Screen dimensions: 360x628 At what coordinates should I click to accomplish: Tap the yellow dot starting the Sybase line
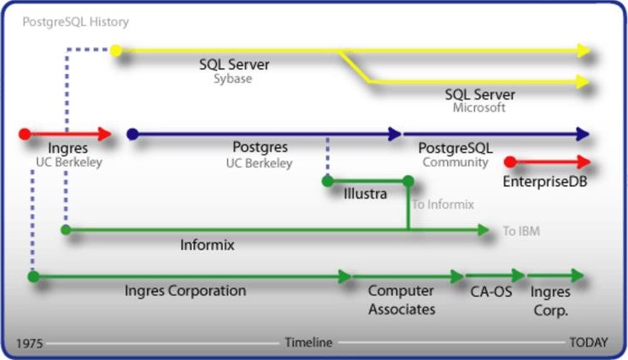(116, 51)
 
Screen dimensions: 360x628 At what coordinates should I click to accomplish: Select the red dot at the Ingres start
(25, 134)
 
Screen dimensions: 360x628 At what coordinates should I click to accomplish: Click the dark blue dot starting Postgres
(132, 134)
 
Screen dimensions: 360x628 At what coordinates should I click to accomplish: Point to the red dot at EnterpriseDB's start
(510, 162)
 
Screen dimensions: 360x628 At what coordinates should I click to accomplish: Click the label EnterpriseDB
(544, 181)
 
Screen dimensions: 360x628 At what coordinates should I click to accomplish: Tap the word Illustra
(366, 194)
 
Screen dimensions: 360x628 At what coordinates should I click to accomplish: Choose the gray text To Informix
(443, 204)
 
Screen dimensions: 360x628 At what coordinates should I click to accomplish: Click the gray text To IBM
(521, 230)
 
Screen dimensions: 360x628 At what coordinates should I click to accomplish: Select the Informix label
(207, 246)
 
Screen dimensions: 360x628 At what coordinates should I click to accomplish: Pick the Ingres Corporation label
(185, 291)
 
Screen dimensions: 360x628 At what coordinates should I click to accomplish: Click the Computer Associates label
(402, 299)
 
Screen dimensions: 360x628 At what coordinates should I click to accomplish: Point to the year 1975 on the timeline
(29, 343)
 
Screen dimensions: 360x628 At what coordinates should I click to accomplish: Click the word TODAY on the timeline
(588, 343)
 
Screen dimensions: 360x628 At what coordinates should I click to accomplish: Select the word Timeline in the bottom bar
(309, 343)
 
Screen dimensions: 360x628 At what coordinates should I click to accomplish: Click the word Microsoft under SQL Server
(479, 109)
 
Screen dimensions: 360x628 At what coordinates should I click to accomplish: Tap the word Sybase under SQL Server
(233, 80)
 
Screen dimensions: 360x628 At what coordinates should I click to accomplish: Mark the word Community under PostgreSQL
(455, 162)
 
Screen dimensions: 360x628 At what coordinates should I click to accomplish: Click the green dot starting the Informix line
(66, 229)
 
